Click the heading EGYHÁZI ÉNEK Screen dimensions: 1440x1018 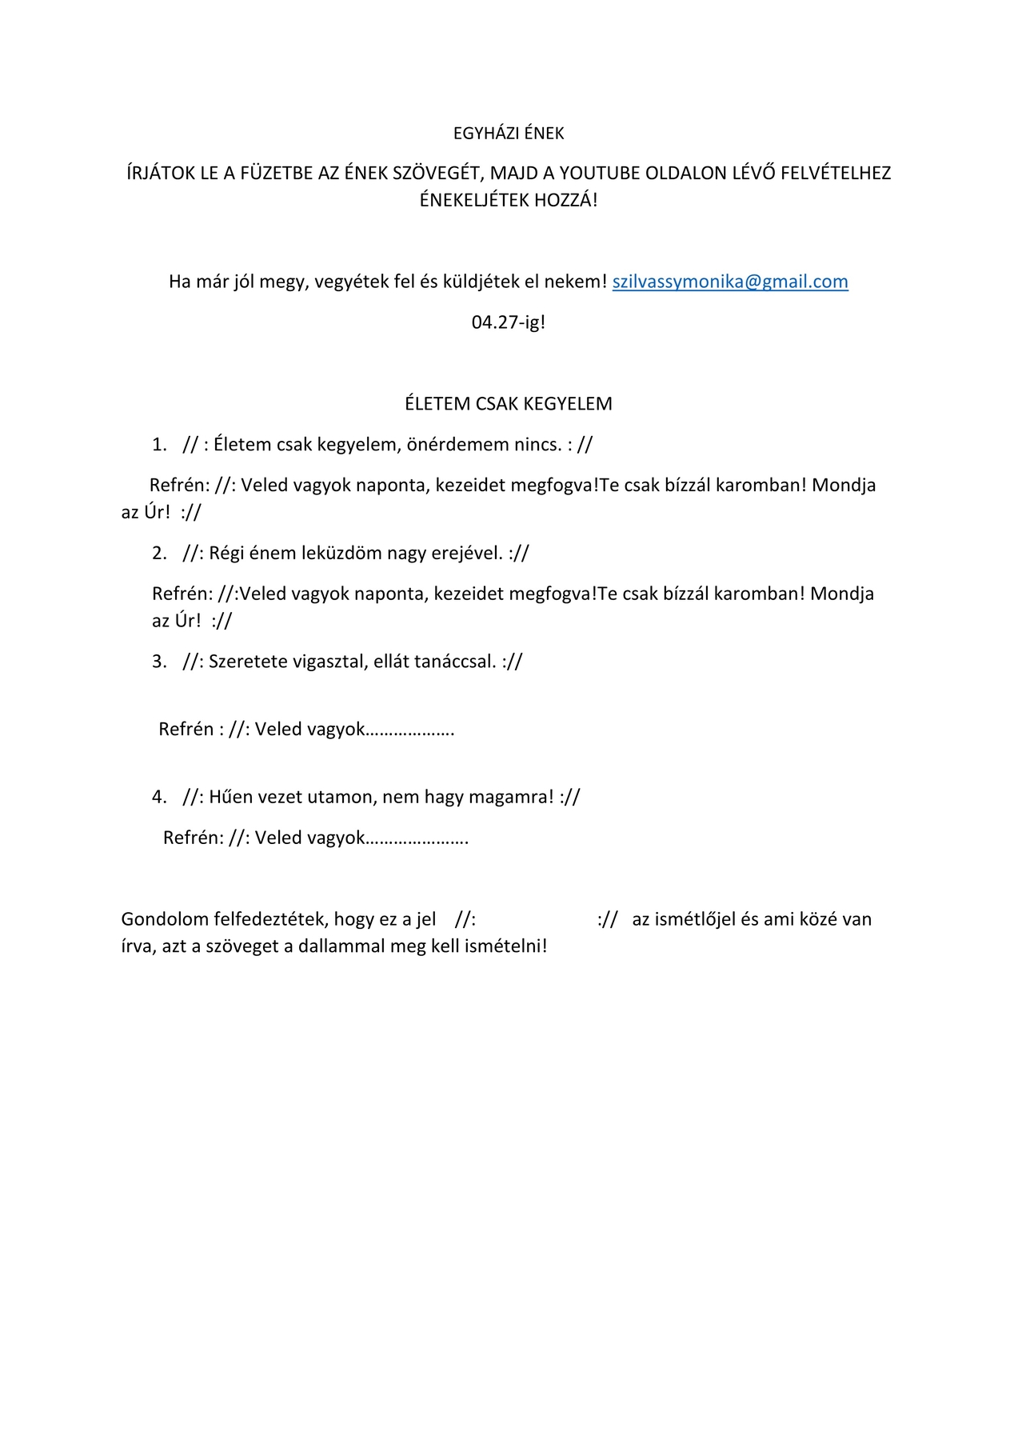pyautogui.click(x=509, y=134)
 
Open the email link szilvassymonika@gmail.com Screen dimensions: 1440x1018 pyautogui.click(x=730, y=282)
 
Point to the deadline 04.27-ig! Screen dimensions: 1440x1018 pyautogui.click(x=509, y=322)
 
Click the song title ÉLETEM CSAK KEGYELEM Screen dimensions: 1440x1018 pyautogui.click(x=509, y=404)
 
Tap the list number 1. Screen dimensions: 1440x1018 pyautogui.click(x=159, y=445)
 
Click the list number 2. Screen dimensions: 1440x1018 pyautogui.click(x=159, y=553)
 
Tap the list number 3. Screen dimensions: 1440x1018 pyautogui.click(x=159, y=662)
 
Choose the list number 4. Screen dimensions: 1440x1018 pyautogui.click(x=159, y=797)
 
